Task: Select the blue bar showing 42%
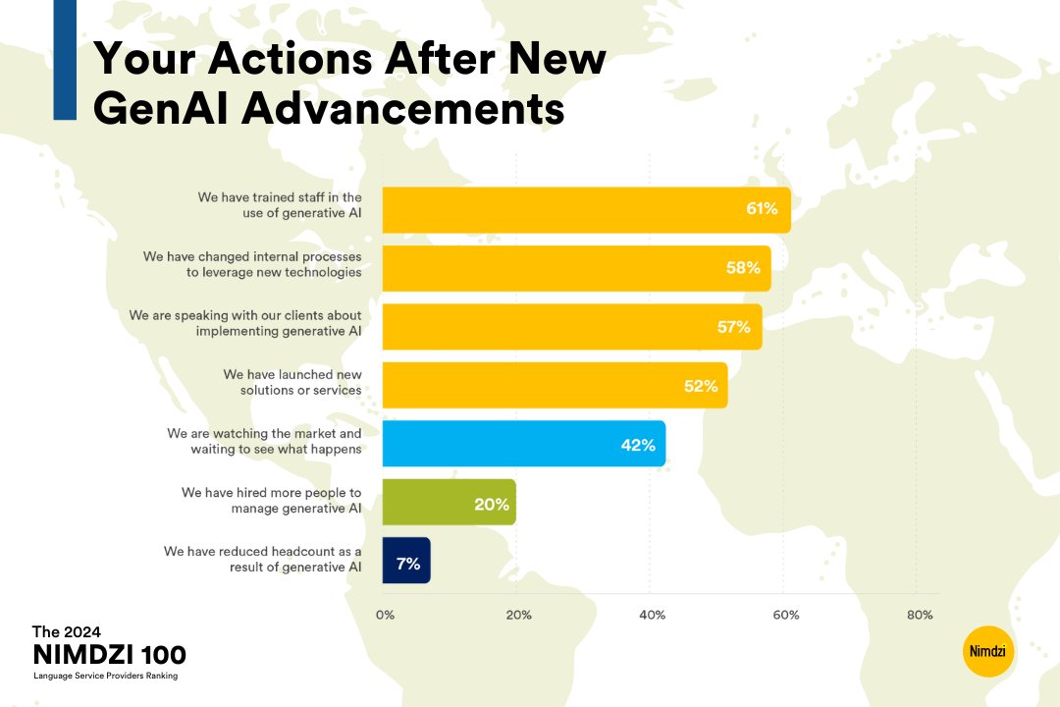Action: pyautogui.click(x=523, y=444)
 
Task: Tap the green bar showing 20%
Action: pyautogui.click(x=449, y=503)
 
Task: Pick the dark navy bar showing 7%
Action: pyautogui.click(x=405, y=562)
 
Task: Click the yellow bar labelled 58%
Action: pyautogui.click(x=575, y=268)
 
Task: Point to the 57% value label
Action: pyautogui.click(x=733, y=327)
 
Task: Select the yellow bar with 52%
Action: pyautogui.click(x=554, y=385)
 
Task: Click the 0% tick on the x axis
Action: pyautogui.click(x=385, y=616)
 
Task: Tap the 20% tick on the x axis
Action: pyautogui.click(x=518, y=616)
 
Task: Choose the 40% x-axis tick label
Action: pyautogui.click(x=652, y=616)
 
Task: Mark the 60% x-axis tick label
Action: pyautogui.click(x=785, y=616)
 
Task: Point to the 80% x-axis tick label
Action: pyautogui.click(x=920, y=616)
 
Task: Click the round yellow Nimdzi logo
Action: pyautogui.click(x=988, y=651)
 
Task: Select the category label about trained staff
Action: pyautogui.click(x=280, y=204)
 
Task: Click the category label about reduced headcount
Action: pyautogui.click(x=263, y=559)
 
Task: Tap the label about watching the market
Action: pyautogui.click(x=264, y=441)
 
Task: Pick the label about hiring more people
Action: pyautogui.click(x=271, y=500)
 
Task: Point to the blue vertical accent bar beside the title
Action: pyautogui.click(x=65, y=60)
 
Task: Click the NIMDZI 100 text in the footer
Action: pyautogui.click(x=109, y=655)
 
